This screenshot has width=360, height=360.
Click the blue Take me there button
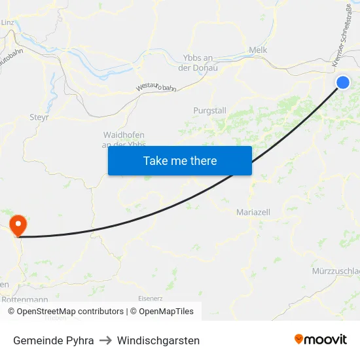tap(179, 160)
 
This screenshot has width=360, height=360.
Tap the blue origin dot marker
tap(343, 82)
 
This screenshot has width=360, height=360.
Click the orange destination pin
tap(18, 225)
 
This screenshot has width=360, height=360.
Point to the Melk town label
tap(258, 50)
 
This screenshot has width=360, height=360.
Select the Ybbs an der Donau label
tap(198, 62)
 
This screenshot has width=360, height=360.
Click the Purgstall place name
tap(209, 111)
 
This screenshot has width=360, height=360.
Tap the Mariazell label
tap(253, 212)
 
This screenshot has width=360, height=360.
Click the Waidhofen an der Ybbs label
tap(124, 139)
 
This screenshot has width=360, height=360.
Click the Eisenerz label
tap(150, 298)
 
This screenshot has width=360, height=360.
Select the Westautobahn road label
tap(156, 87)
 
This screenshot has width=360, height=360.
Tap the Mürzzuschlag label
tap(336, 271)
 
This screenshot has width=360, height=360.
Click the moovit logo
tap(320, 339)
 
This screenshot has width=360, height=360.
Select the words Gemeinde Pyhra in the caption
tap(53, 340)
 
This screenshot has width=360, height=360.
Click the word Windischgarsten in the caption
tap(158, 340)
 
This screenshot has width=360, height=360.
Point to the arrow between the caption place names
tap(105, 340)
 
